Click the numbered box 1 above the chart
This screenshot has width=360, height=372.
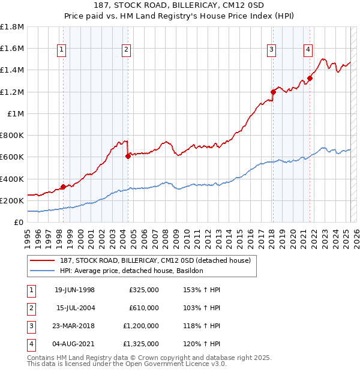tap(62, 50)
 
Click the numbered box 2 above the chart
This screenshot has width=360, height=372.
tap(127, 50)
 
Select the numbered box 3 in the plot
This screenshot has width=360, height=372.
tap(272, 50)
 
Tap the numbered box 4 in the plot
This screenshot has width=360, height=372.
tap(308, 50)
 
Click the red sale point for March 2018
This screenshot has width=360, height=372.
tap(273, 92)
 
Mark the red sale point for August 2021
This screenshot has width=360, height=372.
tap(310, 77)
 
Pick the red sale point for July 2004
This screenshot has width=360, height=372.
tap(128, 156)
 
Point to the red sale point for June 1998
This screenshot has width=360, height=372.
tap(63, 187)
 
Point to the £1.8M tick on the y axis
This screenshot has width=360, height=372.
tap(12, 27)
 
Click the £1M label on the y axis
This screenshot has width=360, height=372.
tap(16, 114)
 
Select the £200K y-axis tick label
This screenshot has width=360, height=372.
tap(12, 200)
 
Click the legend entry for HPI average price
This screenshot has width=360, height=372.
tap(131, 271)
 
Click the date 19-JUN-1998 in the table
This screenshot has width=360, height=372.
tap(74, 290)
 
